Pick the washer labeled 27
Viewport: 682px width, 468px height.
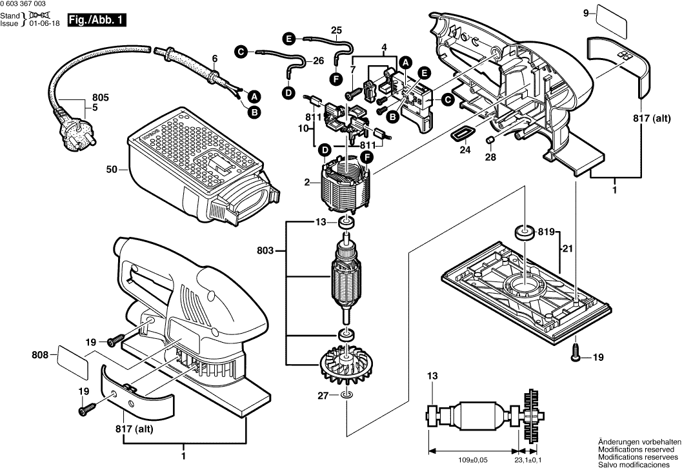click(347, 395)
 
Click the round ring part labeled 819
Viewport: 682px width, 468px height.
click(522, 232)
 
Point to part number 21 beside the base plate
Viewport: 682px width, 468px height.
click(567, 249)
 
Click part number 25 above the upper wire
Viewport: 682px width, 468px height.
click(336, 30)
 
